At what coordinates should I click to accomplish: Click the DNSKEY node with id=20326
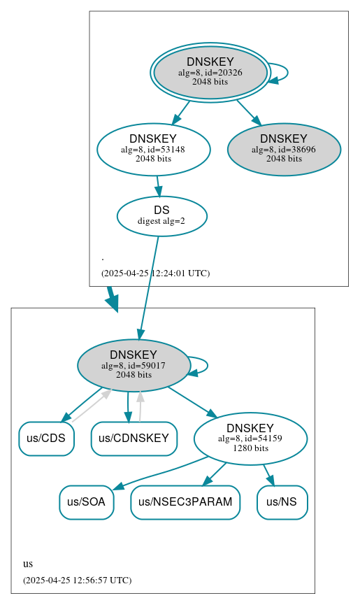pos(210,73)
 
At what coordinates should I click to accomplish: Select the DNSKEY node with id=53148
pos(153,149)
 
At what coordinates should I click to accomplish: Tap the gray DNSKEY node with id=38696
pos(284,149)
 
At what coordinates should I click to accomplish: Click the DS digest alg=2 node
pos(161,216)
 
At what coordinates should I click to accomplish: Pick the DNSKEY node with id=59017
pos(134,365)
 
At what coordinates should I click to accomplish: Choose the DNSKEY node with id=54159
pos(250,439)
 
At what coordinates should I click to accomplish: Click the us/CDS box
pos(46,439)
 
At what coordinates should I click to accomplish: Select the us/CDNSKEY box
pos(134,439)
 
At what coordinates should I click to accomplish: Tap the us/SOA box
pos(86,502)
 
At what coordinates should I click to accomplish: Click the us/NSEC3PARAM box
pos(185,502)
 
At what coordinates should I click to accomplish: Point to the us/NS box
pos(282,502)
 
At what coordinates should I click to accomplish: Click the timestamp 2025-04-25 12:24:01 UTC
pos(155,273)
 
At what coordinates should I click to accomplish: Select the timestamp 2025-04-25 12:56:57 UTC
pos(77,581)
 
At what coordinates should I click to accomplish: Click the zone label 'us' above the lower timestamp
pos(28,564)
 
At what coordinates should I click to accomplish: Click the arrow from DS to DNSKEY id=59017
pos(149,287)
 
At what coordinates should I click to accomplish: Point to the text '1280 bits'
pos(250,448)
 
